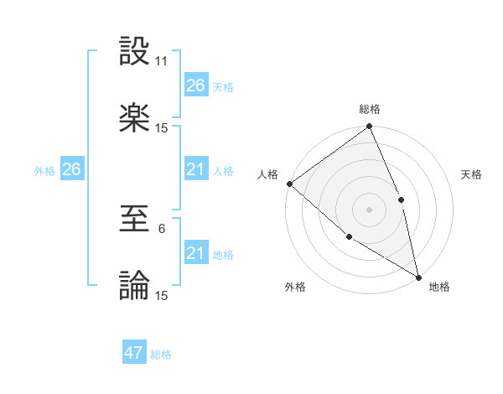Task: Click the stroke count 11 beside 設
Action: [x=162, y=61]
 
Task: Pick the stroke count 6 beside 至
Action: [x=162, y=229]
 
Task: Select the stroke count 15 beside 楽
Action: [x=162, y=127]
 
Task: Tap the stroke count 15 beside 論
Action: [x=162, y=295]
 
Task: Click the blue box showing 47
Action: [x=134, y=353]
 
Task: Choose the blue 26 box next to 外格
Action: [x=71, y=169]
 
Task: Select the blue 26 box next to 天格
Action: [x=195, y=86]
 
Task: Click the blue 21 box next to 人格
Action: [x=195, y=169]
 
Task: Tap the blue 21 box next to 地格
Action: [x=195, y=253]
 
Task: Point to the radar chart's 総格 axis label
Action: [x=370, y=109]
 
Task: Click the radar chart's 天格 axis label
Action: [x=471, y=174]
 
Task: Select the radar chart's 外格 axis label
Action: [x=295, y=287]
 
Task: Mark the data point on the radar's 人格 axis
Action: [x=289, y=184]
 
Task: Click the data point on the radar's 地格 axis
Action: [x=418, y=276]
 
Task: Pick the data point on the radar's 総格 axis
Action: [x=369, y=127]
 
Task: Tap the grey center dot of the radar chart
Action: [x=369, y=209]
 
